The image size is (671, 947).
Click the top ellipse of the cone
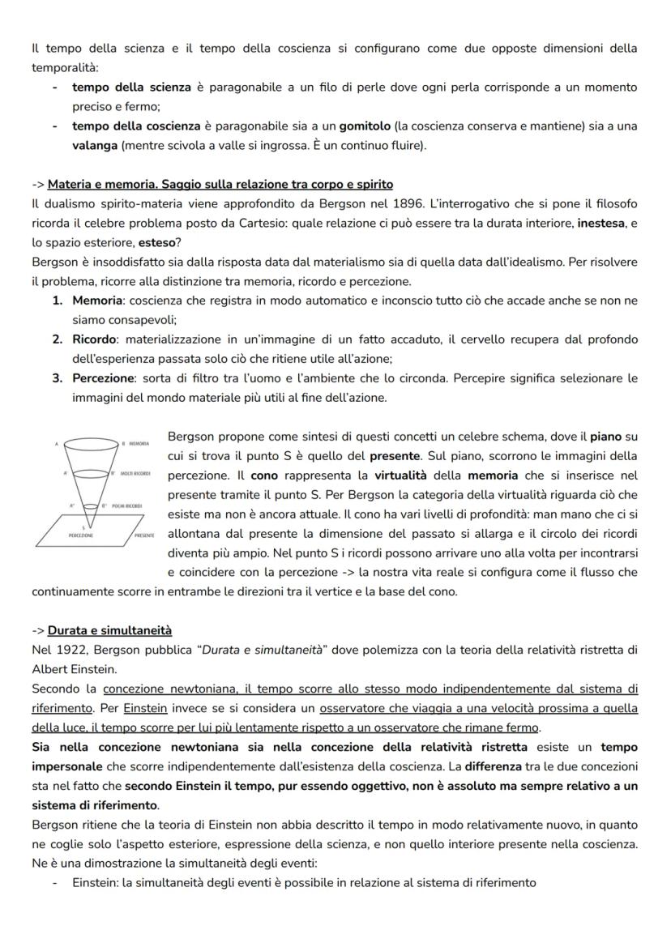(x=90, y=444)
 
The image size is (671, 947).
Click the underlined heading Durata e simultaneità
(x=109, y=630)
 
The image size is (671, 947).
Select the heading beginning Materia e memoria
(x=220, y=185)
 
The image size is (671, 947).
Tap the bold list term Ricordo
(x=94, y=339)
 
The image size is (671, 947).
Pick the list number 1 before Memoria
(x=58, y=301)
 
